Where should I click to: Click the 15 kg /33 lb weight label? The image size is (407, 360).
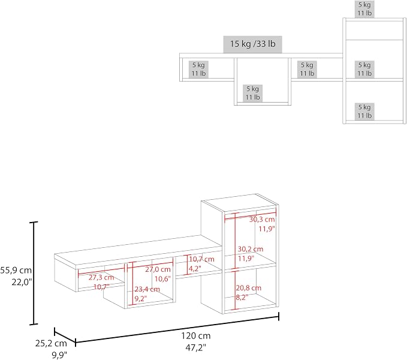pyautogui.click(x=252, y=44)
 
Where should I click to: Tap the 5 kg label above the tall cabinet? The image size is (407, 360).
pyautogui.click(x=364, y=5)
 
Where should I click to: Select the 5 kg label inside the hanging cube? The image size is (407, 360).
pyautogui.click(x=252, y=89)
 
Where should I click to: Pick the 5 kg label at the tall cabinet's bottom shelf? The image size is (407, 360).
pyautogui.click(x=364, y=107)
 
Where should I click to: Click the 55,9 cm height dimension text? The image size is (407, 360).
pyautogui.click(x=16, y=271)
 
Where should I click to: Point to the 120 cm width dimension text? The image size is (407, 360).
pyautogui.click(x=196, y=335)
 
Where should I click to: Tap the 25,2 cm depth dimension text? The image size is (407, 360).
pyautogui.click(x=51, y=343)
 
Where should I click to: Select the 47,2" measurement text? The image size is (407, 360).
pyautogui.click(x=195, y=347)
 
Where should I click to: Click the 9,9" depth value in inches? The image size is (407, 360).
pyautogui.click(x=59, y=355)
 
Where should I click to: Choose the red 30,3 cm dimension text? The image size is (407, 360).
pyautogui.click(x=262, y=220)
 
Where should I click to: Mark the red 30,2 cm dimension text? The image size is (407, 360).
pyautogui.click(x=251, y=249)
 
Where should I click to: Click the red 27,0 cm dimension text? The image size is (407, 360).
pyautogui.click(x=158, y=269)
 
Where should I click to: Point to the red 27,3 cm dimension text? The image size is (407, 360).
pyautogui.click(x=101, y=277)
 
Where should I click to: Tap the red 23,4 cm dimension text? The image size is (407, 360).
pyautogui.click(x=147, y=289)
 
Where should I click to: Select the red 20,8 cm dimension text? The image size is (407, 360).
pyautogui.click(x=249, y=288)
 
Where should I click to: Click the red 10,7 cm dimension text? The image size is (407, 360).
pyautogui.click(x=201, y=259)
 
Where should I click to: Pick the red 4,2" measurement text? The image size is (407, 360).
pyautogui.click(x=195, y=269)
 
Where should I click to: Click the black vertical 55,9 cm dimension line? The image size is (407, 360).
pyautogui.click(x=34, y=273)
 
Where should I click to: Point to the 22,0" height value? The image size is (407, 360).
pyautogui.click(x=22, y=282)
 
